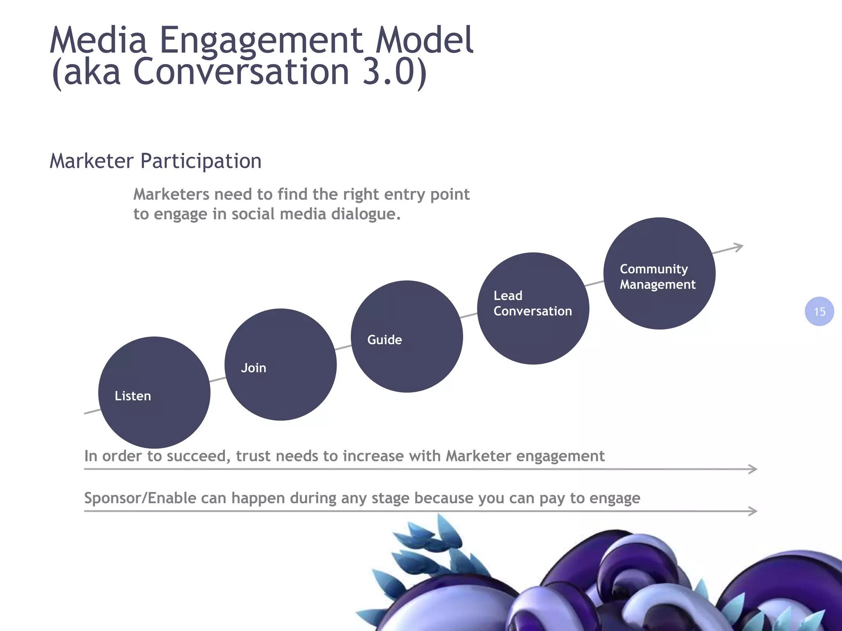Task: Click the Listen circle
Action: (x=154, y=392)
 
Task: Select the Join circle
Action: (x=280, y=364)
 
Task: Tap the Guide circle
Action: (x=407, y=336)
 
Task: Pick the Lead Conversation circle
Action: (x=533, y=308)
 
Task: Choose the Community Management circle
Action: (x=659, y=273)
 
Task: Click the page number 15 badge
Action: (x=819, y=311)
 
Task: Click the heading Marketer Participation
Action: (x=155, y=161)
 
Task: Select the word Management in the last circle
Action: (x=657, y=284)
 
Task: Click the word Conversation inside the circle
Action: (x=532, y=311)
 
